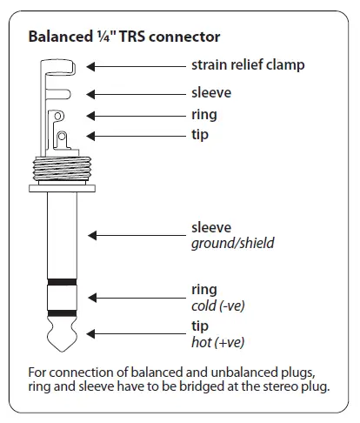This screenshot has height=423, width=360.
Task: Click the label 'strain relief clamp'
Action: click(248, 65)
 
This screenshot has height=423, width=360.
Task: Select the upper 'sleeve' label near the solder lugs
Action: click(211, 92)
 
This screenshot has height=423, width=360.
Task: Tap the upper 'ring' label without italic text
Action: click(204, 114)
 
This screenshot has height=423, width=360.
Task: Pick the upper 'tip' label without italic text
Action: click(201, 135)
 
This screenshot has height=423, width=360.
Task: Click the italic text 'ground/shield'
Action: click(232, 244)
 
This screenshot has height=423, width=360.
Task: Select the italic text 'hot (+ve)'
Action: click(217, 341)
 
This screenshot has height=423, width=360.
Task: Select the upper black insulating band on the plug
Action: click(61, 283)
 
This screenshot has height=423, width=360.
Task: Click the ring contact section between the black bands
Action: click(61, 298)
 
